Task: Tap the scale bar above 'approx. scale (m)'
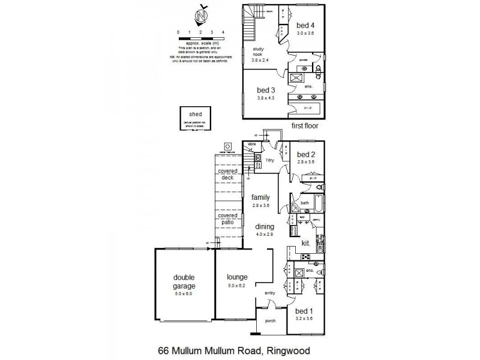pos(200,37)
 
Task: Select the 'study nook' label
pos(259,52)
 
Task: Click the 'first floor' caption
pos(304,126)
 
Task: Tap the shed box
pos(196,118)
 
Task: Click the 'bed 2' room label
pos(306,154)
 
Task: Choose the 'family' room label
pos(260,197)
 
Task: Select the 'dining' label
pos(265,226)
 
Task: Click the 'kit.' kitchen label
pos(305,244)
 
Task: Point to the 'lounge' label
pos(237,277)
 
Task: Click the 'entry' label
pos(265,293)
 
